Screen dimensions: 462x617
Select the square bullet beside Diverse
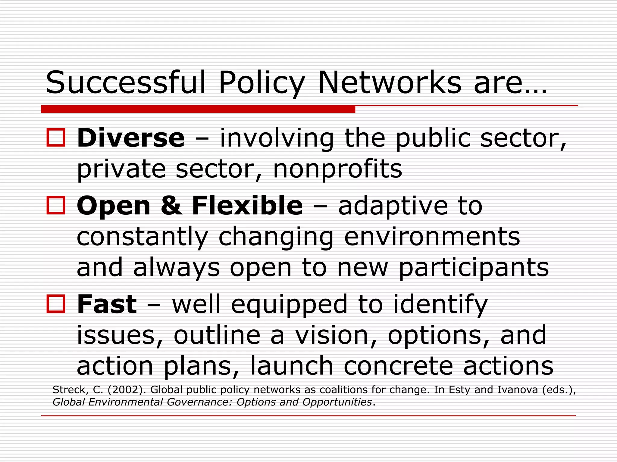pyautogui.click(x=56, y=137)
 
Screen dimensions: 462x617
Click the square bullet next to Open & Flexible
pyautogui.click(x=56, y=205)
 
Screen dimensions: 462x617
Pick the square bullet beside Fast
pyautogui.click(x=56, y=303)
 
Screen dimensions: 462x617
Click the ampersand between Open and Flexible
pyautogui.click(x=171, y=206)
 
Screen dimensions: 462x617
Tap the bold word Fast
pyautogui.click(x=107, y=304)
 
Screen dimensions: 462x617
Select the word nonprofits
pyautogui.click(x=337, y=169)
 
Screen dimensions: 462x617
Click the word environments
pyautogui.click(x=432, y=237)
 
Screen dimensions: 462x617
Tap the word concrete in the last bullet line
pyautogui.click(x=398, y=366)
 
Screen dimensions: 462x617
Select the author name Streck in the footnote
pyautogui.click(x=70, y=390)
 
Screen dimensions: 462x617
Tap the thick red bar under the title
pyautogui.click(x=198, y=109)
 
